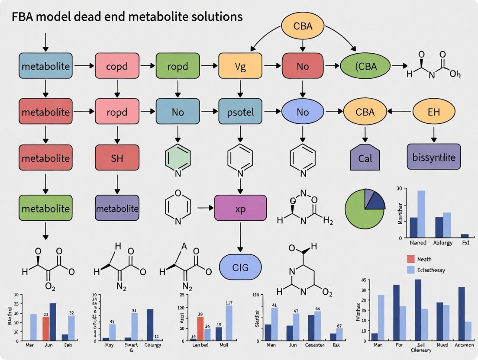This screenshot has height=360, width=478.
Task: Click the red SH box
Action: click(x=116, y=158)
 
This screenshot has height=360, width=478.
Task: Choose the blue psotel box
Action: click(x=240, y=112)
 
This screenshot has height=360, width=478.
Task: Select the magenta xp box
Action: click(x=240, y=208)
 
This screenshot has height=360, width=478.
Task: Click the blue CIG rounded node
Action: click(x=240, y=267)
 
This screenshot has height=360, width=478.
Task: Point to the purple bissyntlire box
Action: click(x=433, y=157)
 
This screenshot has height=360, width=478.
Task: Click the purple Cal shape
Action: click(x=365, y=157)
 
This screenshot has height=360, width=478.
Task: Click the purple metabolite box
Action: click(x=116, y=208)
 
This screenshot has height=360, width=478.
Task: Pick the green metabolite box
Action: click(x=45, y=208)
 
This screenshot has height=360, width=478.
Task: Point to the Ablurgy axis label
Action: click(x=442, y=243)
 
